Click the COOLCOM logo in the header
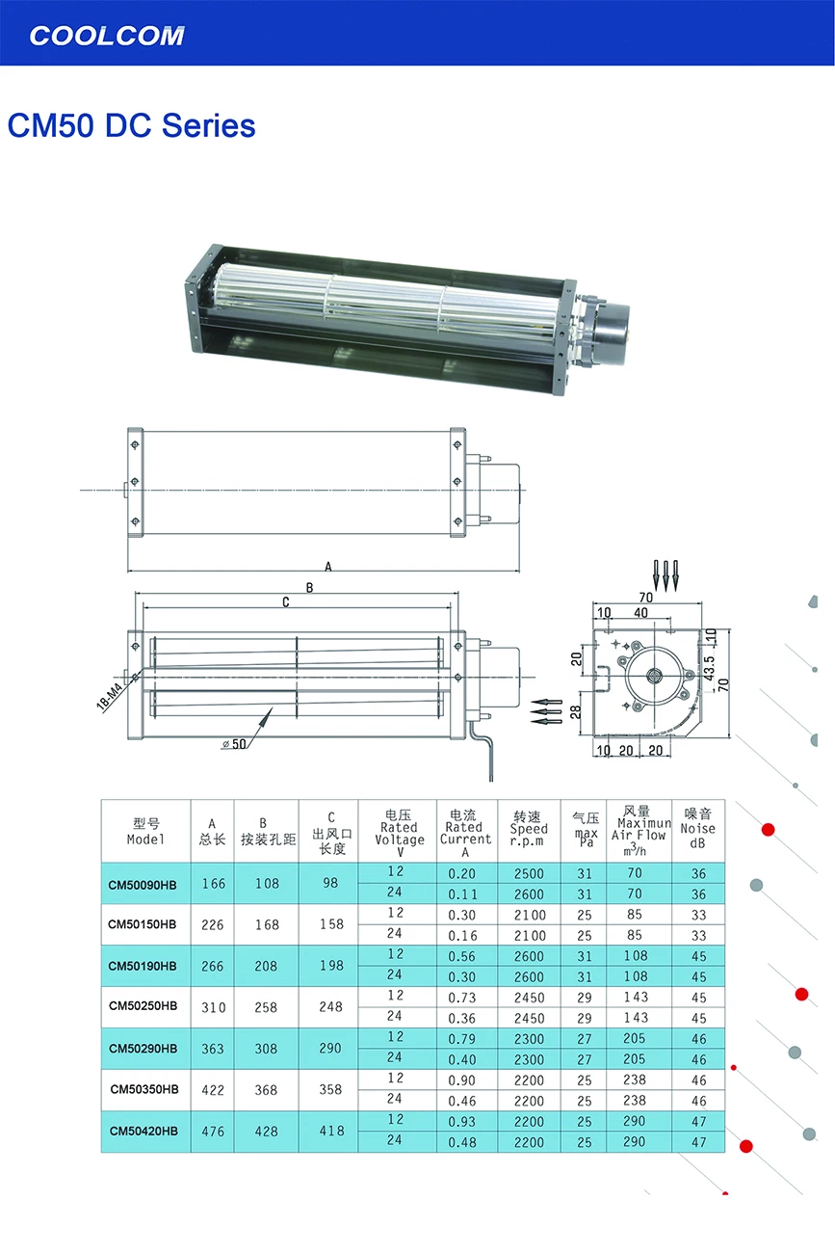click(x=106, y=36)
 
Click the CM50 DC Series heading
click(x=131, y=125)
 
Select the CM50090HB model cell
click(x=143, y=885)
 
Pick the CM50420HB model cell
click(x=144, y=1131)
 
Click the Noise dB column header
click(x=698, y=829)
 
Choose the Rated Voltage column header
click(x=399, y=833)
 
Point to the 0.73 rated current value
click(x=461, y=998)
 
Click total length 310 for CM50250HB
click(x=213, y=1007)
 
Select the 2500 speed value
click(x=529, y=874)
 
